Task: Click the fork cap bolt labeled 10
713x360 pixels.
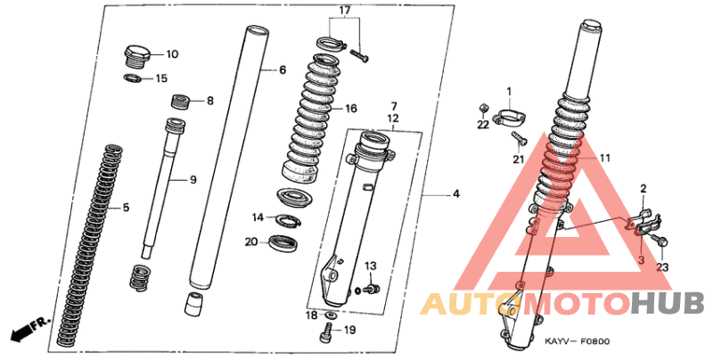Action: point(136,57)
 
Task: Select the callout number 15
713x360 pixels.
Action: point(161,78)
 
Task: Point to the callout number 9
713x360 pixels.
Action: point(193,181)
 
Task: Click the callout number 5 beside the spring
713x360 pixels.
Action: point(126,208)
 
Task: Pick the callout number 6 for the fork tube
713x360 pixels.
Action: point(283,70)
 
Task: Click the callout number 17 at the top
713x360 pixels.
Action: point(344,10)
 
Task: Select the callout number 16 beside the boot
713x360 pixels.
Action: point(351,108)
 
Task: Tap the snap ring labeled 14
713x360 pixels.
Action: point(286,220)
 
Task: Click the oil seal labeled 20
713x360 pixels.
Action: point(283,241)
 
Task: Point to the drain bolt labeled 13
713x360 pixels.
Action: point(373,288)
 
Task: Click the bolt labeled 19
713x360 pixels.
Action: point(327,332)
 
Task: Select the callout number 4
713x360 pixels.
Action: point(456,194)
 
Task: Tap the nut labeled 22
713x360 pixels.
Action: point(484,109)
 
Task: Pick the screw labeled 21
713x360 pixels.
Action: point(519,138)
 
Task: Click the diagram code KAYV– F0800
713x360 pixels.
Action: point(578,341)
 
